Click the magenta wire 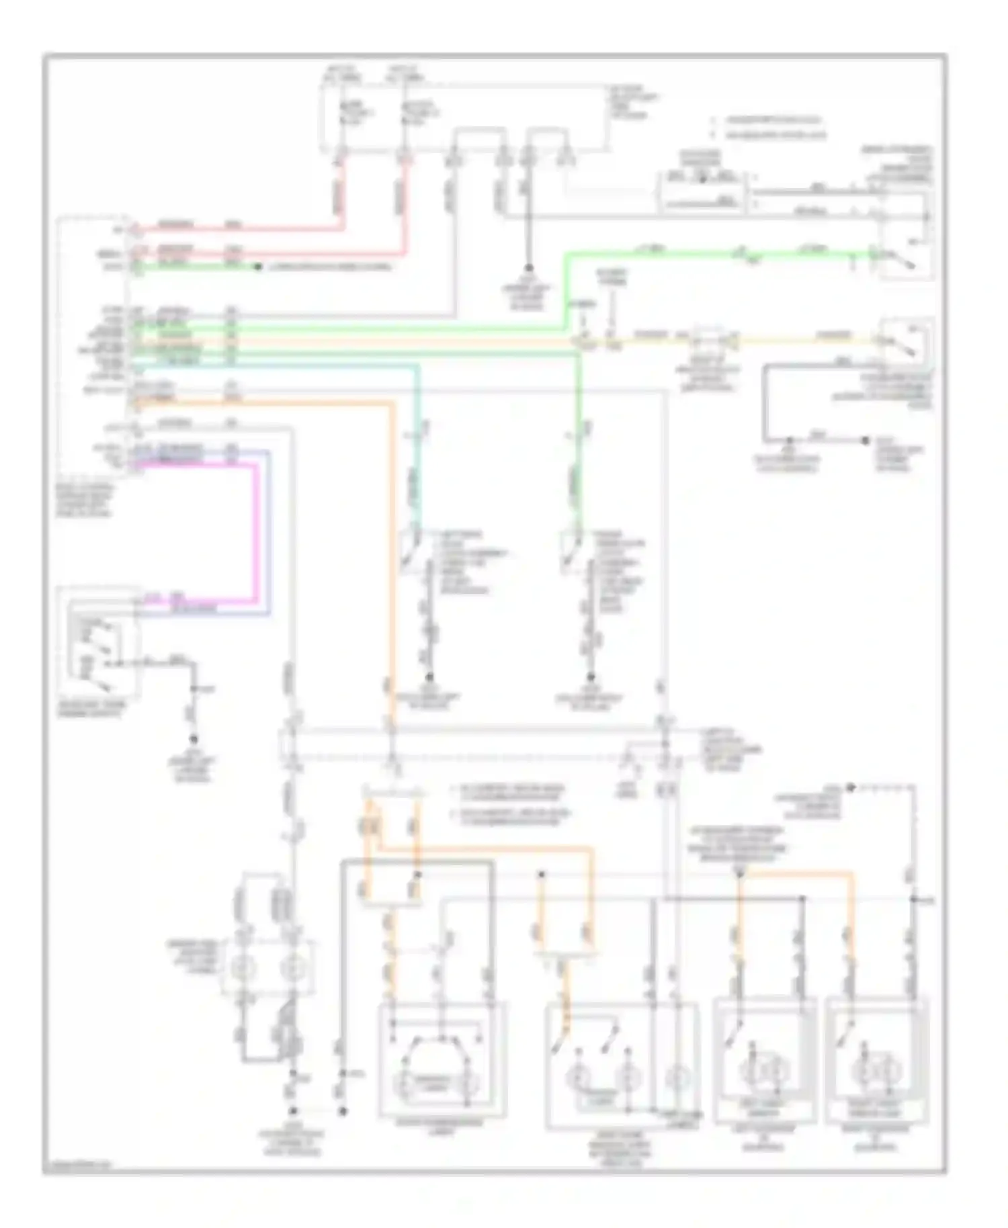255,531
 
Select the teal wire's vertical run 417,443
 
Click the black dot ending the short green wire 257,267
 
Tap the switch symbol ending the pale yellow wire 904,343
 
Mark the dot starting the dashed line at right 850,787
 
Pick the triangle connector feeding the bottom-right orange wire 739,873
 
